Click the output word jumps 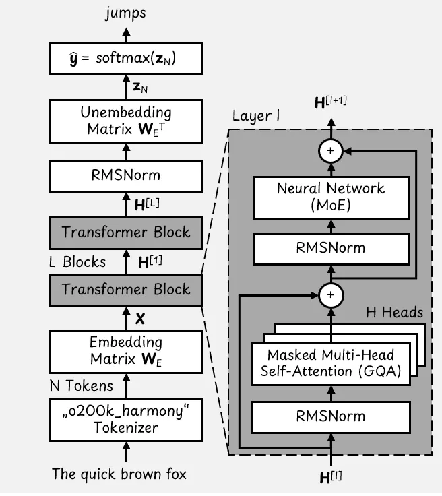125,13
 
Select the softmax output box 125,59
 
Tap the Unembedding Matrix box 125,121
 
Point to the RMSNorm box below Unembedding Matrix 125,175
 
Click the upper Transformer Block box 125,232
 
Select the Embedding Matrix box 125,350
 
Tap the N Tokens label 82,387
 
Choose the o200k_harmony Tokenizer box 125,420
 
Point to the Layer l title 256,116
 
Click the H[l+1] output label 331,103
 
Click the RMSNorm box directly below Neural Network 330,247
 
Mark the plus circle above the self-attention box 330,294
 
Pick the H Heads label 394,312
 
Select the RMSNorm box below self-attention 330,416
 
